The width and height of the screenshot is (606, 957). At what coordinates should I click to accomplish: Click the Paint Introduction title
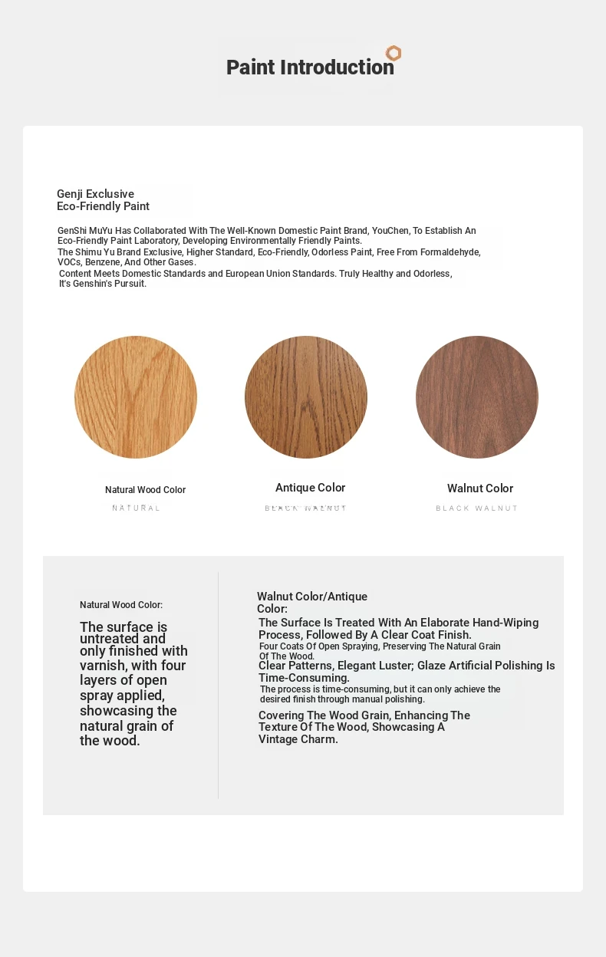tap(310, 67)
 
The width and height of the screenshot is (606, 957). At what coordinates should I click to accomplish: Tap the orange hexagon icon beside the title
tap(394, 53)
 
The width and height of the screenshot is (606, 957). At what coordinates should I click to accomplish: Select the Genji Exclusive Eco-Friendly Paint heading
tap(103, 200)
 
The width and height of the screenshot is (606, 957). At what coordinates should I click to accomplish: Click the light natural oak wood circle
tap(136, 397)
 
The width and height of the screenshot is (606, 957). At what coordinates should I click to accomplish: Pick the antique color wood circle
tap(306, 397)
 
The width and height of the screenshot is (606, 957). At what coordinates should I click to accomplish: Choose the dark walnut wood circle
tap(477, 397)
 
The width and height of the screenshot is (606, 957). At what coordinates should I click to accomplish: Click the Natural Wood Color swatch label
tap(145, 490)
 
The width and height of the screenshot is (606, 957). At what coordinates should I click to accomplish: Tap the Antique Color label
tap(310, 488)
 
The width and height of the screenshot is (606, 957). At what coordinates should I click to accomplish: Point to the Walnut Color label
tap(480, 488)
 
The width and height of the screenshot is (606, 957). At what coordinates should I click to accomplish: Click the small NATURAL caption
tap(137, 508)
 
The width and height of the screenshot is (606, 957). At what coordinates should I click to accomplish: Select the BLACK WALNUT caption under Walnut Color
tap(477, 508)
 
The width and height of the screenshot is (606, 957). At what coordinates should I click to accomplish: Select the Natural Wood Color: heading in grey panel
tap(121, 605)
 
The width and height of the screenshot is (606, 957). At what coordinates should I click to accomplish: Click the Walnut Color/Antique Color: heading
tap(311, 602)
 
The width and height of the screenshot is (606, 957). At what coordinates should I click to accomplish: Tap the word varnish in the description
tap(104, 666)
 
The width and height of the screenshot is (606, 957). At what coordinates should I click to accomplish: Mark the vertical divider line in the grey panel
tap(219, 685)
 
